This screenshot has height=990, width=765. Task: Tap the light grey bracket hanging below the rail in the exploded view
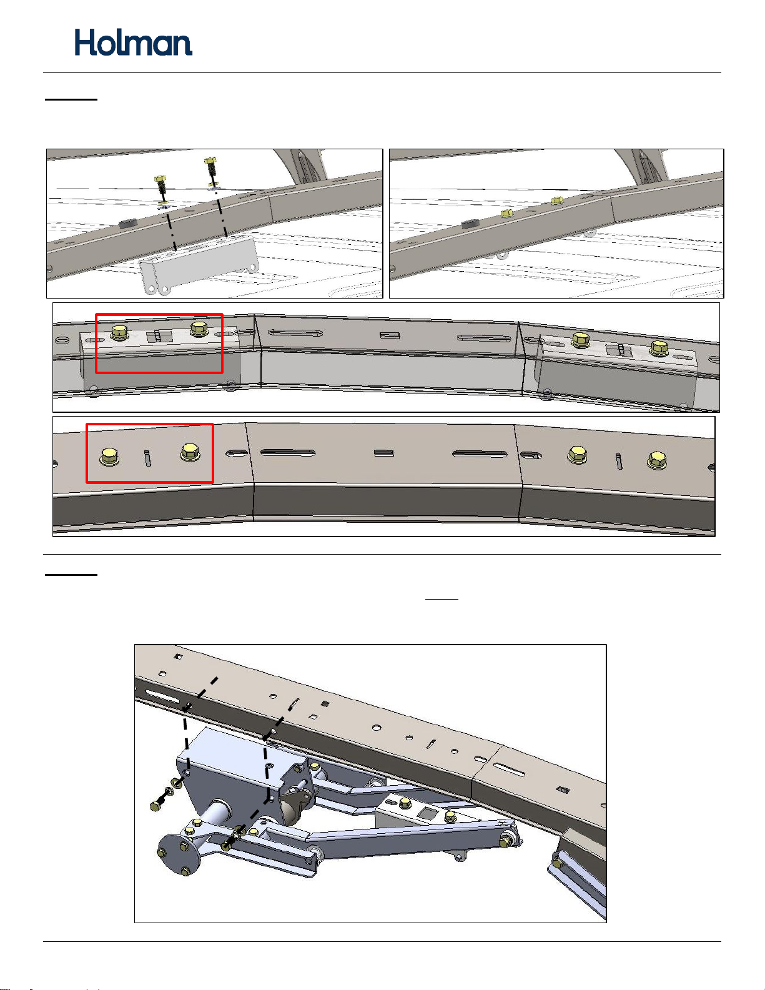coord(199,264)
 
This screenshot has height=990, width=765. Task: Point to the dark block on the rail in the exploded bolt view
coord(128,223)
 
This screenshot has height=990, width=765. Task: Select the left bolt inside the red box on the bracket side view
coord(119,332)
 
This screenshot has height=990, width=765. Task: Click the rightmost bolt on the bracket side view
coord(659,348)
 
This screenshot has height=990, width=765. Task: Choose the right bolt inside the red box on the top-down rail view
coord(190,452)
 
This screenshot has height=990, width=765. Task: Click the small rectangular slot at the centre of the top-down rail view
coord(383,453)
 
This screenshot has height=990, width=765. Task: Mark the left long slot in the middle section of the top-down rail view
coord(288,453)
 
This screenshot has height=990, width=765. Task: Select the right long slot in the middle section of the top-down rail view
coord(480,453)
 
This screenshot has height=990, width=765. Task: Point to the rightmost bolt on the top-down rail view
coord(657,460)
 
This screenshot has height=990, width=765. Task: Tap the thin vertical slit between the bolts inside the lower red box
coord(147,458)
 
